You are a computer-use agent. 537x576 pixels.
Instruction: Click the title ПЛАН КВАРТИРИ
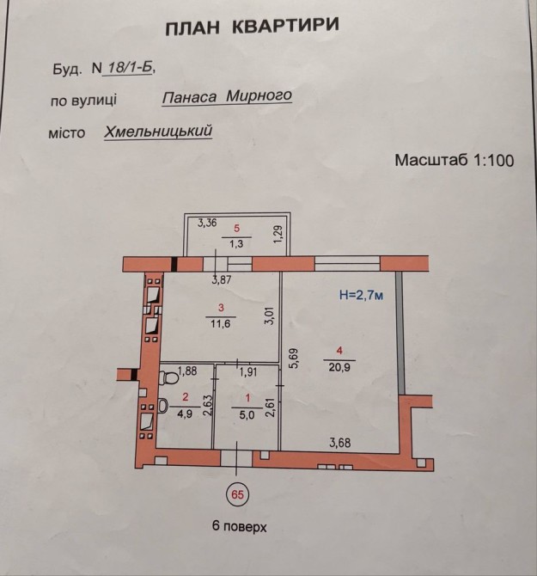(x=252, y=27)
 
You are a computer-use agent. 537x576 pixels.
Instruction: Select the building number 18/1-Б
(x=128, y=68)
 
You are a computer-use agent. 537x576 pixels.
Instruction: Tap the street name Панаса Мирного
(x=227, y=96)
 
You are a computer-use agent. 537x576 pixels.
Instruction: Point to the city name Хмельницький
(x=158, y=132)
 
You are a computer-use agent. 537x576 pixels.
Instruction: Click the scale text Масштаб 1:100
(x=454, y=160)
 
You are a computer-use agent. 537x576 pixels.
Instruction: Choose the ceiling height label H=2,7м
(x=362, y=295)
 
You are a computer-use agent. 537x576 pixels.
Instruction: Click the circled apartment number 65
(x=237, y=494)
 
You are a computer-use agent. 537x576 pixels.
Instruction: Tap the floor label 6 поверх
(x=240, y=526)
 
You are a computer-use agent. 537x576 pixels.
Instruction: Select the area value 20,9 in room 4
(x=339, y=366)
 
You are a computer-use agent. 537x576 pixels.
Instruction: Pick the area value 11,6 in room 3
(x=221, y=323)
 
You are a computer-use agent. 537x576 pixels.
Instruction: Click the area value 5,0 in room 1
(x=247, y=415)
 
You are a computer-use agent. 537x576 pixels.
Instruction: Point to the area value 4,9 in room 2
(x=184, y=414)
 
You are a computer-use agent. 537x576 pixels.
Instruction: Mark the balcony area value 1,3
(x=236, y=244)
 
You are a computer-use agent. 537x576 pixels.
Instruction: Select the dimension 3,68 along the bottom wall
(x=340, y=443)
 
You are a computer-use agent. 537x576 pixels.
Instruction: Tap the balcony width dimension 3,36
(x=207, y=223)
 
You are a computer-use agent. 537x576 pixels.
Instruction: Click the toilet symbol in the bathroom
(x=168, y=377)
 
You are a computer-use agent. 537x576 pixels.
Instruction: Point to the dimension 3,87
(x=222, y=280)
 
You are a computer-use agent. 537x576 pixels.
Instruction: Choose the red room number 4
(x=339, y=351)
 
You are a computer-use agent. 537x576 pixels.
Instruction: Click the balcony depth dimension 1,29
(x=279, y=234)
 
